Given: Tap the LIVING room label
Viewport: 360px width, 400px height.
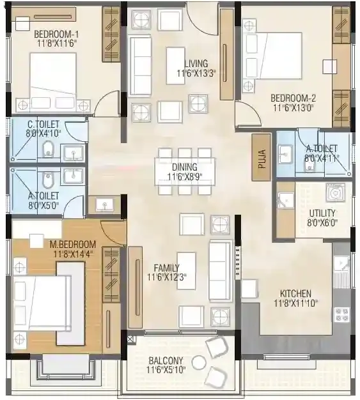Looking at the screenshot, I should click(196, 63).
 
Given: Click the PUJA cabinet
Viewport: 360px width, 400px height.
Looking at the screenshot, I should click(261, 157).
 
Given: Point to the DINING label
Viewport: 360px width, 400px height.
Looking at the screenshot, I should click(184, 167).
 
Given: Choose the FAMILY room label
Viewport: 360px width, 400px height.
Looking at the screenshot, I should click(166, 267).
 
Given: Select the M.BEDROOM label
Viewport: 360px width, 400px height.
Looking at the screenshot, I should click(73, 244).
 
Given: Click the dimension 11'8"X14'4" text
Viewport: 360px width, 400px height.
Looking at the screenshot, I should click(73, 254).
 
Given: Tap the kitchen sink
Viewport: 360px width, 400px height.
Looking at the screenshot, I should click(341, 263).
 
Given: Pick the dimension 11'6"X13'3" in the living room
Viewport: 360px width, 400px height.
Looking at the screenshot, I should click(196, 73).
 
